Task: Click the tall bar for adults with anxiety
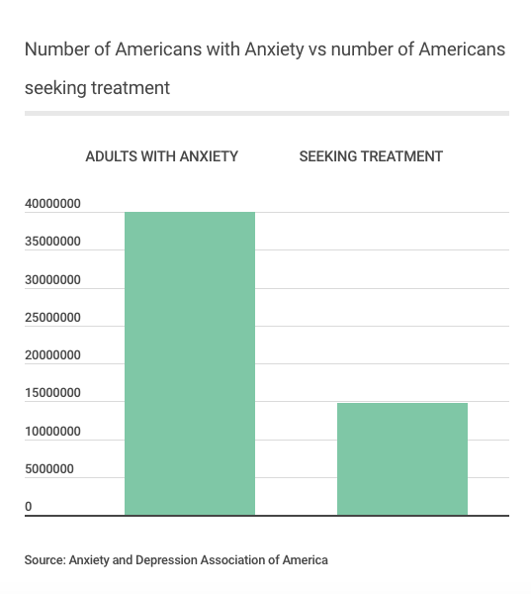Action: click(x=190, y=363)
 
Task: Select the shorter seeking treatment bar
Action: click(x=402, y=459)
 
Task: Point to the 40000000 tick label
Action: click(x=52, y=203)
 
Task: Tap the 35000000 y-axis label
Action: click(x=52, y=241)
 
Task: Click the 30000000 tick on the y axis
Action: click(x=52, y=279)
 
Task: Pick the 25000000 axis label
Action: click(x=52, y=317)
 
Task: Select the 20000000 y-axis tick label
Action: click(x=52, y=355)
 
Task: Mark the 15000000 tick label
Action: click(x=52, y=392)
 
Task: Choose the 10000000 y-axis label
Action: click(x=52, y=431)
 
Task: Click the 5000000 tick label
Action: click(x=49, y=468)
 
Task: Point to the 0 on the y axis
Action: click(x=29, y=507)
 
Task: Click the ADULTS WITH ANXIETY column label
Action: click(x=161, y=156)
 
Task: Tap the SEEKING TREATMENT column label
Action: click(x=371, y=156)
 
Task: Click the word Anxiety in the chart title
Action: click(x=274, y=49)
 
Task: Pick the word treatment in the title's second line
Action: click(x=131, y=88)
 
